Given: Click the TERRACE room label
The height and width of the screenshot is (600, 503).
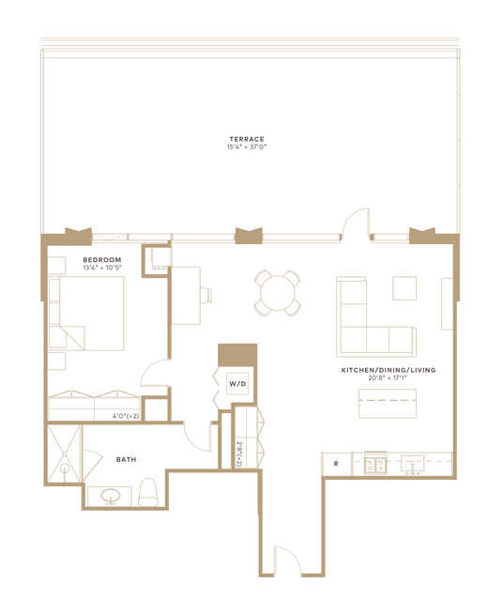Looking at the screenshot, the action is click(x=247, y=139).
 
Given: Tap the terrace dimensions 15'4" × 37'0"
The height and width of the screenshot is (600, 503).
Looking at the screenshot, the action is click(x=247, y=146).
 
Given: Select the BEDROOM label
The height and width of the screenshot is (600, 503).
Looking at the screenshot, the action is click(x=102, y=260).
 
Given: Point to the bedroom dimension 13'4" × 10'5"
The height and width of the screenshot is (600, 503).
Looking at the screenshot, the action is click(x=102, y=268).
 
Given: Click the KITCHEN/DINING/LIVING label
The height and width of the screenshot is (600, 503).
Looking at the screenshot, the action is click(x=389, y=370).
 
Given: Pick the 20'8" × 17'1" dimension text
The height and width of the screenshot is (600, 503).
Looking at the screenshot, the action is click(x=389, y=377).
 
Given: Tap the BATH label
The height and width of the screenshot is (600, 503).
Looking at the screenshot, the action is click(x=127, y=459).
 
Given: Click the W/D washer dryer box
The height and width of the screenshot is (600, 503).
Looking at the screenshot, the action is click(x=237, y=383).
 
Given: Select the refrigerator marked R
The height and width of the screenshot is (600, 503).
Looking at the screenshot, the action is click(x=337, y=464).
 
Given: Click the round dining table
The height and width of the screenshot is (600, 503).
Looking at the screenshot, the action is click(x=278, y=294).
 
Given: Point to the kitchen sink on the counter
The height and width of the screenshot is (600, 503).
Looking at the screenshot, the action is click(x=412, y=464).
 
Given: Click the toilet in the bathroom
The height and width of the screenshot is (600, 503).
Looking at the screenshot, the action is click(x=147, y=492).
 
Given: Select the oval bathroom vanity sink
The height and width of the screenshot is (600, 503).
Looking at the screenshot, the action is click(x=111, y=497).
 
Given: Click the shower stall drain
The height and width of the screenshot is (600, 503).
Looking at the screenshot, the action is click(x=65, y=468).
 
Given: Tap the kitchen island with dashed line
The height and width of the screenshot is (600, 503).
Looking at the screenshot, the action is click(x=388, y=404).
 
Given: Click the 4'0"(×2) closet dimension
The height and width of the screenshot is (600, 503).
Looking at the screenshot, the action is click(x=126, y=416).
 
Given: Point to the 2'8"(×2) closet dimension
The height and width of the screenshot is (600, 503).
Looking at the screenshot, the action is click(x=239, y=454).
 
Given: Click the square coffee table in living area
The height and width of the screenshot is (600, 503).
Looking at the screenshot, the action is click(x=404, y=288).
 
